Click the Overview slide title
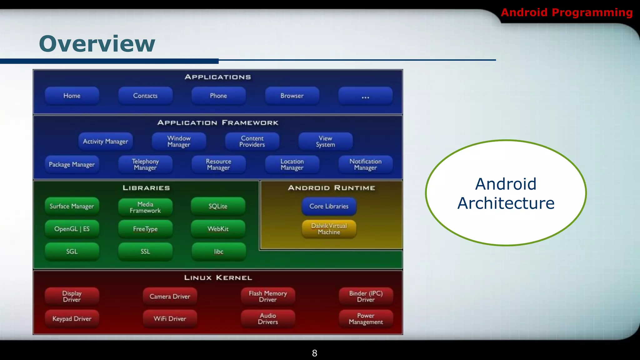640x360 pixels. pos(97,44)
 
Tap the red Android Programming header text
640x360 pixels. pos(567,12)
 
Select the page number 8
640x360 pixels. pos(314,353)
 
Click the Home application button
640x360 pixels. pos(72,96)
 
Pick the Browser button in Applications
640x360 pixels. pos(292,96)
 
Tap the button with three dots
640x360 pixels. pos(365,96)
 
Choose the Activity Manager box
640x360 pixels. pos(105,142)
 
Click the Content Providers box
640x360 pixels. pos(252,142)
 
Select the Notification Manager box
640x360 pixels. pos(365,165)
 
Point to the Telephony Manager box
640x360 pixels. pos(145,165)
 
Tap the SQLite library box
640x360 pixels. pos(218,206)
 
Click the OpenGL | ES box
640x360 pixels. pos(72,229)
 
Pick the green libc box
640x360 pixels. pos(218,252)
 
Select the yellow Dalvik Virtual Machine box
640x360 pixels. pos(329,229)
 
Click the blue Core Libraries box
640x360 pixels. pos(329,206)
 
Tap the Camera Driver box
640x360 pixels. pos(170,296)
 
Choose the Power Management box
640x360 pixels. pos(366,319)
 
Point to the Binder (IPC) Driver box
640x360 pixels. pos(366,296)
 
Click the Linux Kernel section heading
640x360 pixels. pos(218,278)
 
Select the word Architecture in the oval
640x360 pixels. pos(506,203)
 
